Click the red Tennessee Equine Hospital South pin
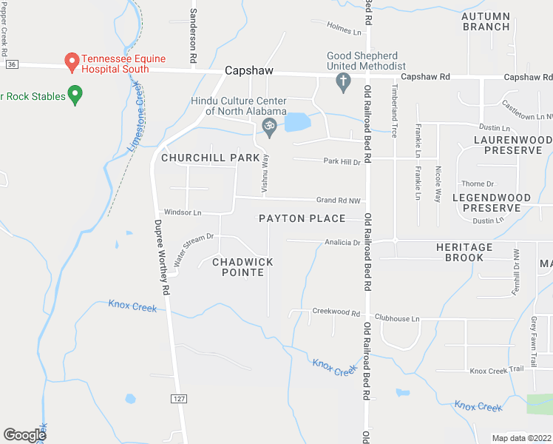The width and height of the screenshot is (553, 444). click(x=72, y=63)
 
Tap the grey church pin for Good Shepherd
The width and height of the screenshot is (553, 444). click(x=343, y=84)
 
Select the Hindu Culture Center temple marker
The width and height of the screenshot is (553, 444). click(x=270, y=129)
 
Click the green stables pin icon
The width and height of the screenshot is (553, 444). click(x=75, y=95)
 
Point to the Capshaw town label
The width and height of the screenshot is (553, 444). click(x=249, y=70)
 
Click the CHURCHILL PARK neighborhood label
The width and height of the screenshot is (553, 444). click(x=211, y=158)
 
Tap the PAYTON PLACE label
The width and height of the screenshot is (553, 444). click(x=302, y=218)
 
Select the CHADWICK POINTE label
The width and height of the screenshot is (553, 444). click(x=243, y=267)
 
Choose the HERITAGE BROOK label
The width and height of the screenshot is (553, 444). click(x=464, y=252)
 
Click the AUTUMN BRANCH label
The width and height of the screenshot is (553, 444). click(x=486, y=21)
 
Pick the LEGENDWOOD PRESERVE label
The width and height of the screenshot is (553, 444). click(x=492, y=203)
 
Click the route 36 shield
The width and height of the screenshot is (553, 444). click(x=10, y=65)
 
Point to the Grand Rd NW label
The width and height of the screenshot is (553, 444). click(x=338, y=200)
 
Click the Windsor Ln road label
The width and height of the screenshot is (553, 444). click(x=183, y=213)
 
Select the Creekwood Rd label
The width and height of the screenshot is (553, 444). click(x=336, y=312)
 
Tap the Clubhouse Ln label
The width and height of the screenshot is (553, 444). click(x=397, y=319)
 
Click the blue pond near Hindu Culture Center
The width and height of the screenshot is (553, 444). click(x=297, y=122)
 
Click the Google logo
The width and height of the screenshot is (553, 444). click(x=24, y=435)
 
